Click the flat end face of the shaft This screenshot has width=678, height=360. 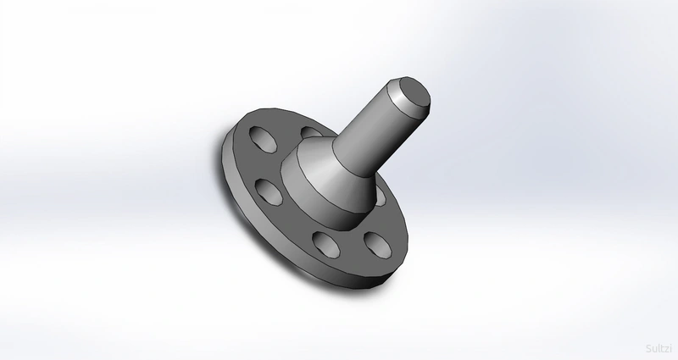point(414,95)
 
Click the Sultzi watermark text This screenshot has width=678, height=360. point(659,348)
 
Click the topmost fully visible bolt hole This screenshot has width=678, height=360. point(264,139)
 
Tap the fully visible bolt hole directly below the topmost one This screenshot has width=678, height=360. point(269,192)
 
